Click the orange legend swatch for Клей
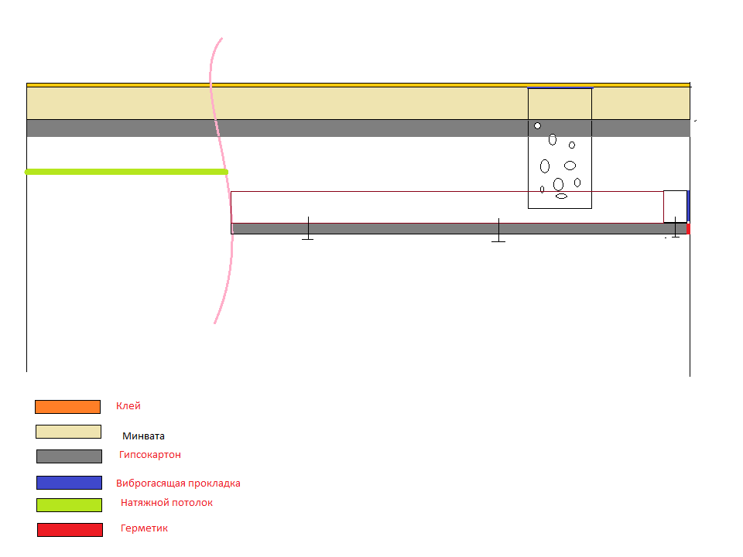(x=67, y=407)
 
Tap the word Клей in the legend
(x=128, y=406)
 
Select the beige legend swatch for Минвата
(x=68, y=432)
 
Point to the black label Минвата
(x=143, y=436)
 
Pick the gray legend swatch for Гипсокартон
(x=69, y=456)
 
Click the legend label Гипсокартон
(x=150, y=455)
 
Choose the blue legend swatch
(x=69, y=483)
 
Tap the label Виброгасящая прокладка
(x=178, y=484)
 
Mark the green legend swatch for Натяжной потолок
(x=69, y=505)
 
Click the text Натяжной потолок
(x=166, y=503)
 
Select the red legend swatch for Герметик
(x=70, y=530)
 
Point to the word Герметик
(x=144, y=528)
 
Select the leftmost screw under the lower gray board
(x=308, y=231)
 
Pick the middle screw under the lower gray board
(x=498, y=232)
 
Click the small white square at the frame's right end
(x=675, y=206)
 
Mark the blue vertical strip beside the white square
(x=688, y=206)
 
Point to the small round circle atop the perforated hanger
(x=538, y=125)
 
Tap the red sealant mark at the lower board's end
(x=688, y=229)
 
